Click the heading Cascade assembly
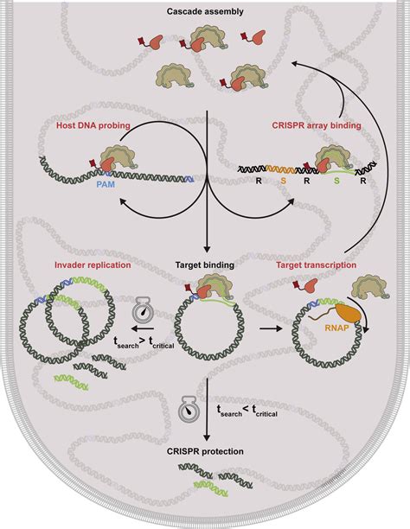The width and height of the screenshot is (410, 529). tap(204, 13)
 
